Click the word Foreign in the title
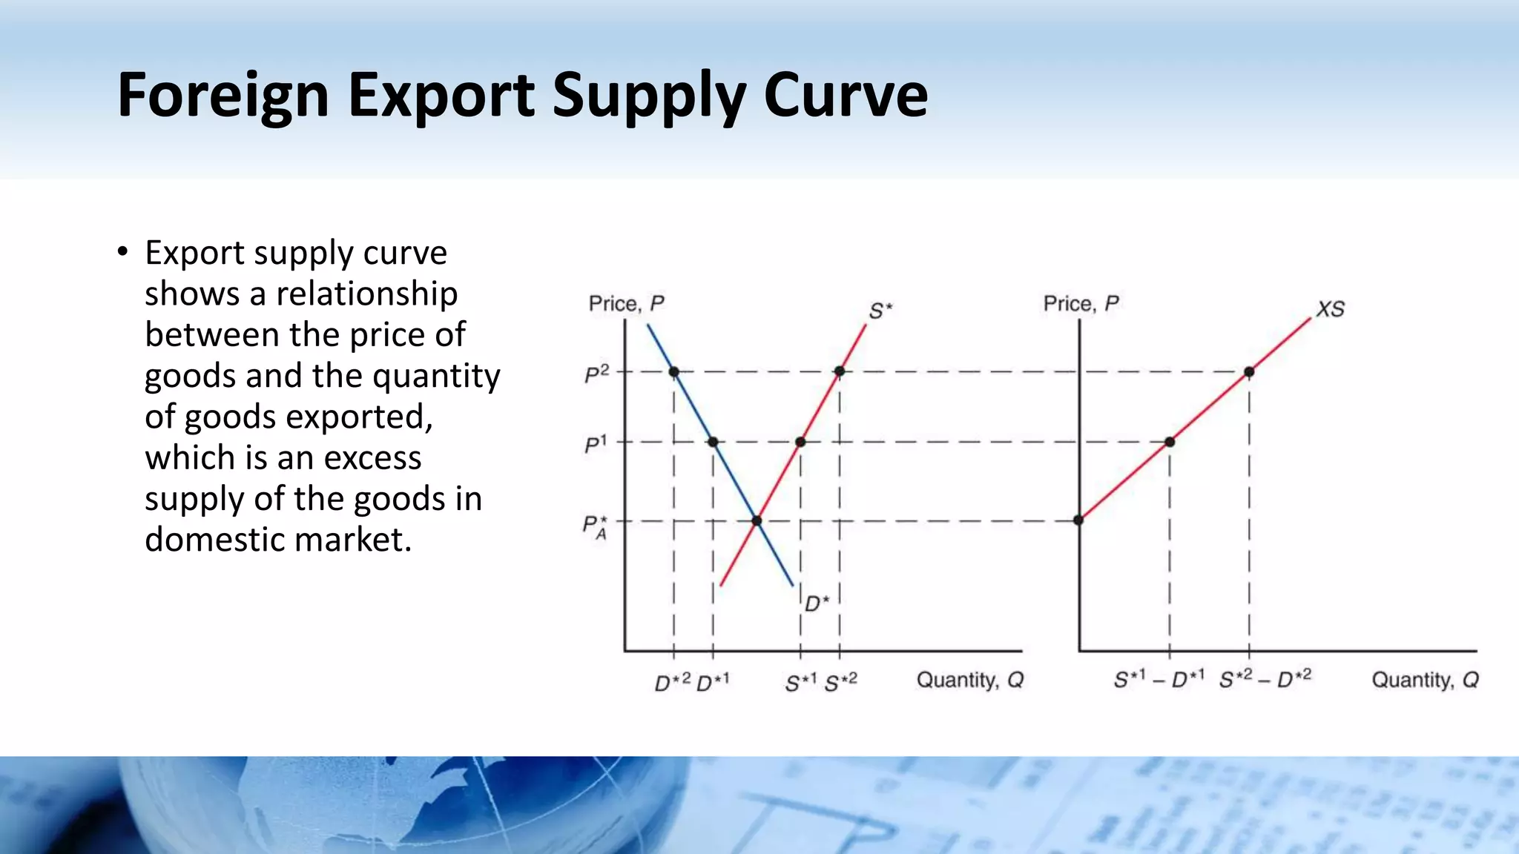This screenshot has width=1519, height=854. point(223,96)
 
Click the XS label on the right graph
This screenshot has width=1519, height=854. point(1330,309)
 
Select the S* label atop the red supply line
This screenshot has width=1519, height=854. point(880,311)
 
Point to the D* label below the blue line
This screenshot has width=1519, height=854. point(817,603)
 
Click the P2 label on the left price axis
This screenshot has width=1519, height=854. point(596,374)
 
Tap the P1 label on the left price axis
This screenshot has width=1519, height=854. point(595,445)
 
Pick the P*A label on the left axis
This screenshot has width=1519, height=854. point(595,527)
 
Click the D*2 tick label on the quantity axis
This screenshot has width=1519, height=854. point(672,681)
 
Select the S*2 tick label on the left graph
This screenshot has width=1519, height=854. point(841,681)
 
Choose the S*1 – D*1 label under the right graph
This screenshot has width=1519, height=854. point(1159,679)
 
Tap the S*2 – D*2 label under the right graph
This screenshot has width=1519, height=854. point(1265,678)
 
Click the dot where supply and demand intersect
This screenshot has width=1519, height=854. point(757,521)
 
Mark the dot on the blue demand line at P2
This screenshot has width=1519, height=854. point(673,371)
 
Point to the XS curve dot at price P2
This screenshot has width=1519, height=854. point(1249,371)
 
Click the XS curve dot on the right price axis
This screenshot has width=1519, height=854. point(1079,520)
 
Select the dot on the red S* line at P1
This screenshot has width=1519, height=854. point(800,442)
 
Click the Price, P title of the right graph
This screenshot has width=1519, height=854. point(1081,304)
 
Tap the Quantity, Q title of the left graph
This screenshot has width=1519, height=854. point(970,680)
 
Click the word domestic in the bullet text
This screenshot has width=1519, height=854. point(214,540)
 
